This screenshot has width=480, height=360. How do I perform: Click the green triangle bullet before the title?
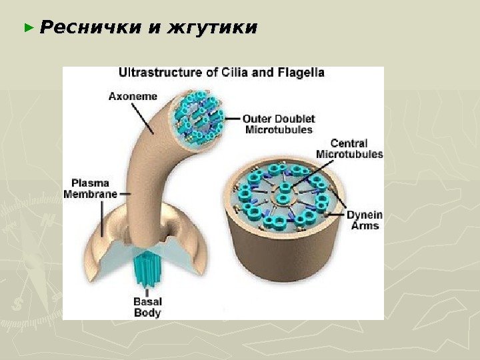28,29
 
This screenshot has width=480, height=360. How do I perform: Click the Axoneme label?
133,95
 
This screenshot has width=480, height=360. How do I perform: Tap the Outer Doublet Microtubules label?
279,124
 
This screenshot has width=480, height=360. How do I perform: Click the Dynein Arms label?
364,220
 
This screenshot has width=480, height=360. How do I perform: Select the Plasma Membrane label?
91,188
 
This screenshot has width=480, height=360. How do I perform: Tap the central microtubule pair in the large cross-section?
285,194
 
